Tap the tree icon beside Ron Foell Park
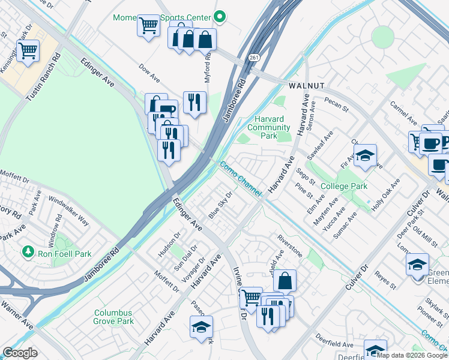point(26,250)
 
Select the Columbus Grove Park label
point(113,317)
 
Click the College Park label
point(344,187)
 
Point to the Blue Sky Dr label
point(220,206)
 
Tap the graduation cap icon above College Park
point(364,157)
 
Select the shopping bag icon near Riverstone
point(285,281)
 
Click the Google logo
point(20,352)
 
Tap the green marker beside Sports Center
point(220,16)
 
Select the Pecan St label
point(336,106)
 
